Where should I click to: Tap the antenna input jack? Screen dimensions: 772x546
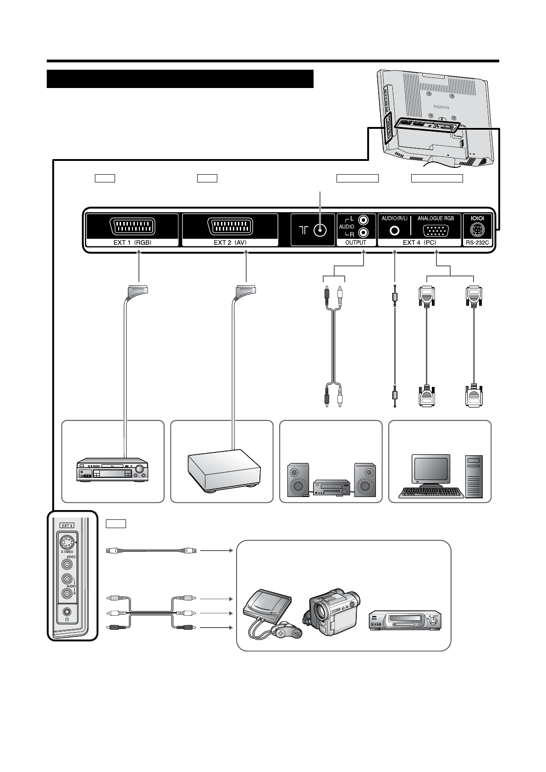[x=320, y=231]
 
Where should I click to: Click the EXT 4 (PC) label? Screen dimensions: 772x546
[x=419, y=243]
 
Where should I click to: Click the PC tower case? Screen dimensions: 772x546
[x=474, y=476]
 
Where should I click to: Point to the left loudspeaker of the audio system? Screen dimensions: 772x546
[x=298, y=480]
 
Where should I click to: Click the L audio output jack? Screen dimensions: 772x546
[x=363, y=221]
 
